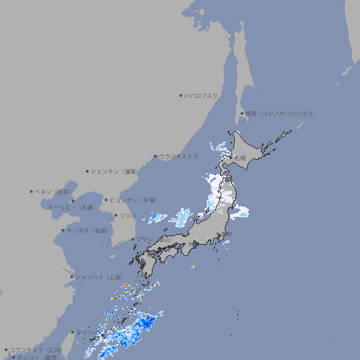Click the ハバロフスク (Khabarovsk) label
pos(202,96)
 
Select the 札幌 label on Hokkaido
pos(241,157)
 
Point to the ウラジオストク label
pos(179,156)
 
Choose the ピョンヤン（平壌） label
pos(133,200)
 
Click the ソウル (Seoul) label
pos(127,215)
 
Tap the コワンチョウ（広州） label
pos(36,349)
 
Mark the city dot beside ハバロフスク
pos(181,96)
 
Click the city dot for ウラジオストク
pos(155,156)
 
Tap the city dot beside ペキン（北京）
pos(32,191)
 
